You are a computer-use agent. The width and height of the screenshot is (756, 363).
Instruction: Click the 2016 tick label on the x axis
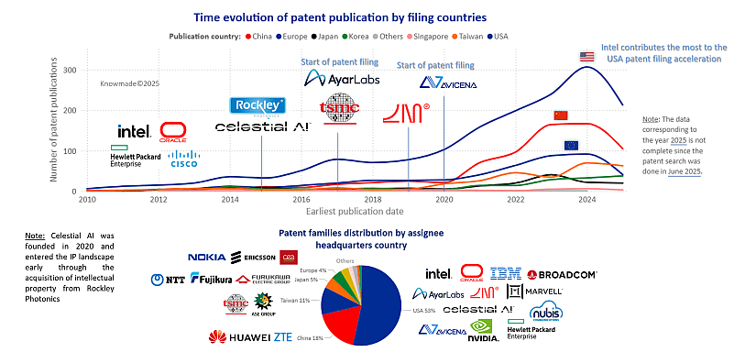pyautogui.click(x=301, y=199)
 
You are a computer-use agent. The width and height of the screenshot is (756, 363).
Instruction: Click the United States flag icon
pyautogui.click(x=587, y=57)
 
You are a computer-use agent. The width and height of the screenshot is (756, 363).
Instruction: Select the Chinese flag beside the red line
pyautogui.click(x=561, y=115)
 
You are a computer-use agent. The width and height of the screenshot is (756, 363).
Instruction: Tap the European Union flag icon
pyautogui.click(x=571, y=145)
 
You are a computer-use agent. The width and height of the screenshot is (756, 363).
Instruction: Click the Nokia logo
pyautogui.click(x=207, y=258)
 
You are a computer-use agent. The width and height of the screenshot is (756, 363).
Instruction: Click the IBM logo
pyautogui.click(x=505, y=272)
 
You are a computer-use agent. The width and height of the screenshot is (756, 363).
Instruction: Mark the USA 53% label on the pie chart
pyautogui.click(x=423, y=310)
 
